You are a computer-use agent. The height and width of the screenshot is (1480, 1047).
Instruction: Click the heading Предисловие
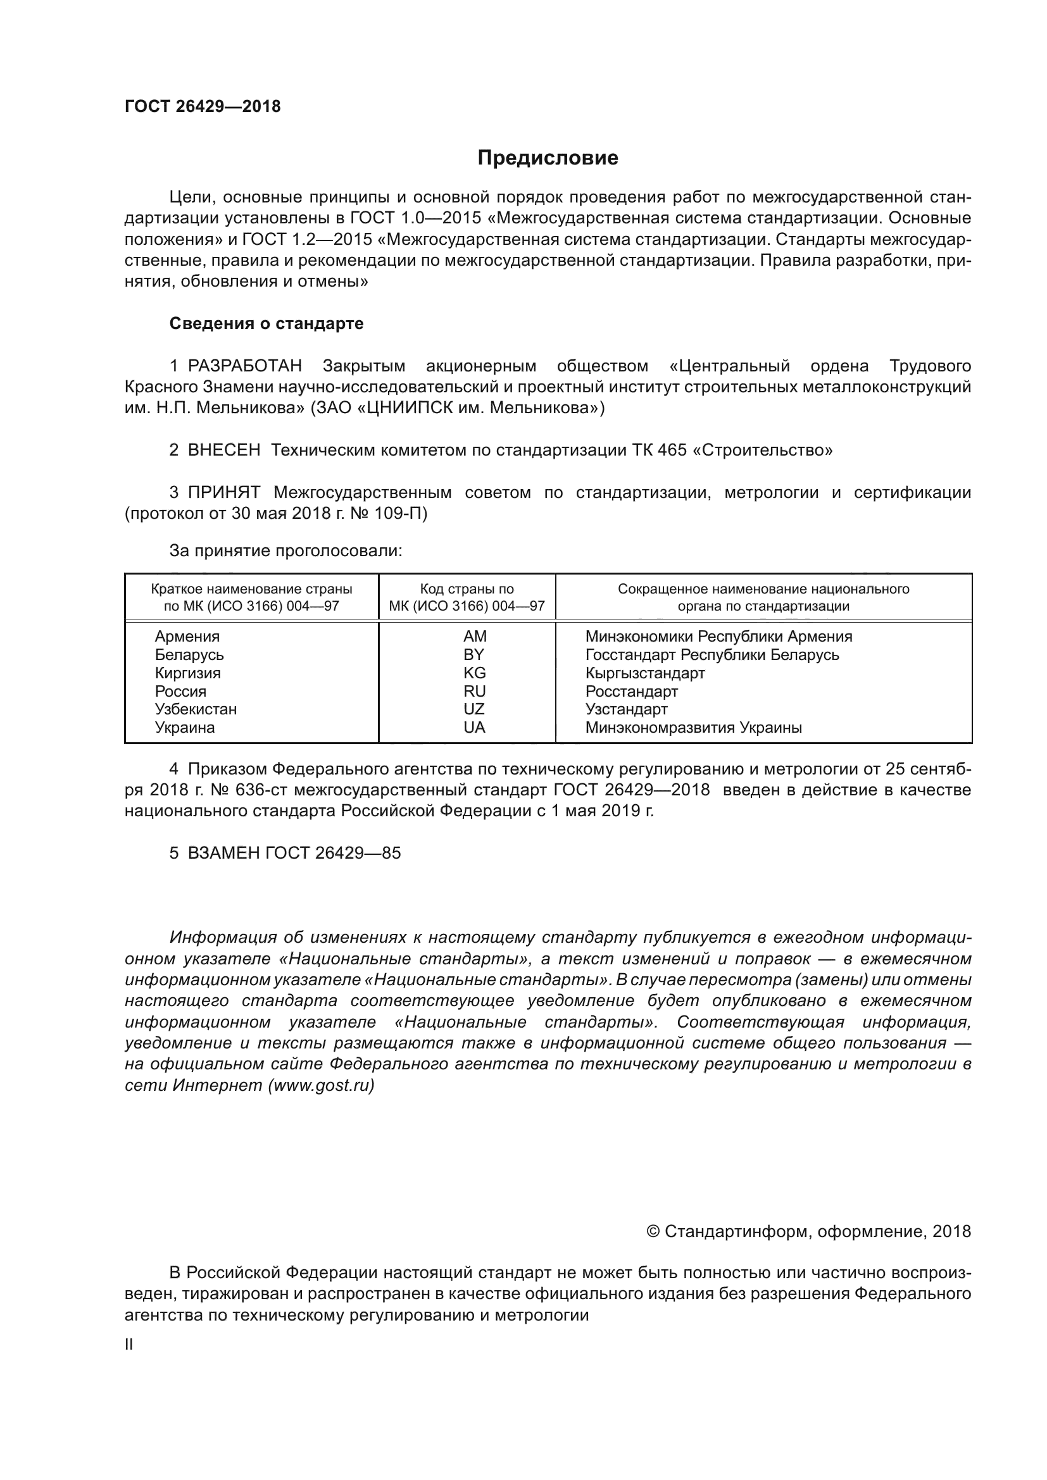click(x=548, y=158)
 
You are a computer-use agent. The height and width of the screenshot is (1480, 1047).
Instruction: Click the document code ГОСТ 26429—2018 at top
click(x=203, y=107)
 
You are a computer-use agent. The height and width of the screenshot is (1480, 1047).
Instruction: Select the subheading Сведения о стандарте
click(x=266, y=323)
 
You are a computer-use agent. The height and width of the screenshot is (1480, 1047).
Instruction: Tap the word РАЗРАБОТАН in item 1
click(x=245, y=366)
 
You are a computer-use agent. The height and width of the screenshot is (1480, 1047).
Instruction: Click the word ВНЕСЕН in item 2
click(x=223, y=450)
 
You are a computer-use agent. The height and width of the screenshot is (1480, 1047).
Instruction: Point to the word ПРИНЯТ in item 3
click(x=223, y=492)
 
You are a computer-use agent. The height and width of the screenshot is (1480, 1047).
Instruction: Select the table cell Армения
click(x=187, y=636)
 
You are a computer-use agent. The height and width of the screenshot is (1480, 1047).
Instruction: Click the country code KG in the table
click(x=474, y=673)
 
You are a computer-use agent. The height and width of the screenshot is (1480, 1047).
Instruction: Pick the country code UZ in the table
click(x=474, y=709)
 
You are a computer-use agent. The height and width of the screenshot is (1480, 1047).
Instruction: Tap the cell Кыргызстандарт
click(x=644, y=673)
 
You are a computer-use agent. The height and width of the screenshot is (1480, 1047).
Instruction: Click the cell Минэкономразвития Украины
click(x=693, y=728)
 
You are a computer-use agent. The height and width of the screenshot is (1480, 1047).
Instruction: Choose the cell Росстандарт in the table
click(x=631, y=691)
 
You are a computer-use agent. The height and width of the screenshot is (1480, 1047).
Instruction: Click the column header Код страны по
click(x=467, y=588)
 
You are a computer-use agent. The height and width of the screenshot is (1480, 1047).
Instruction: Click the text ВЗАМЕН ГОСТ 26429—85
click(x=294, y=853)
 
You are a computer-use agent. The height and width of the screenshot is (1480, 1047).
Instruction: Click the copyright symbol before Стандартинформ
click(x=653, y=1232)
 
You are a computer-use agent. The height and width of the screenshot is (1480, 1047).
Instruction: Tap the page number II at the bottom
click(x=129, y=1345)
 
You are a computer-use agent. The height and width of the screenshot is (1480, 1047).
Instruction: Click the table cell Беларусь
click(x=189, y=654)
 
